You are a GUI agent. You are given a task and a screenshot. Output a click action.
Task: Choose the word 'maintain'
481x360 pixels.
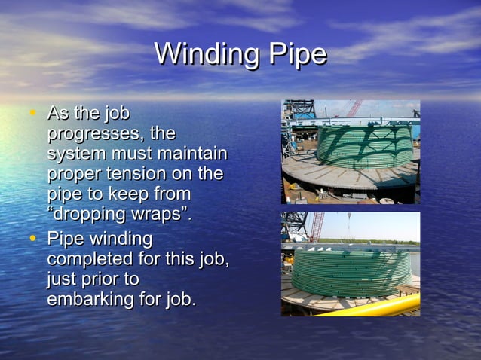(191, 154)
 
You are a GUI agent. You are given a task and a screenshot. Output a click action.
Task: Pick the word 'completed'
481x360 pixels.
(90, 260)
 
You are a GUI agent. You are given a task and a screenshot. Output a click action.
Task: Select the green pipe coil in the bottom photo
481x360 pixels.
(351, 271)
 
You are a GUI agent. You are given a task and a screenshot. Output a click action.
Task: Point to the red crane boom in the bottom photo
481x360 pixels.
(317, 226)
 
